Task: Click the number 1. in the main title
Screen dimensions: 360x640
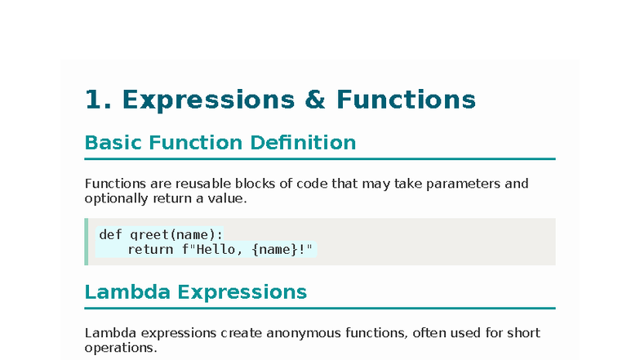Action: click(x=100, y=100)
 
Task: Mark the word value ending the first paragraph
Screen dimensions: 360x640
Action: click(x=228, y=198)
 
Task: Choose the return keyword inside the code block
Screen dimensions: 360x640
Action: click(x=150, y=249)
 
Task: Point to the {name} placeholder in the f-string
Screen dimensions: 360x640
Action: click(x=275, y=249)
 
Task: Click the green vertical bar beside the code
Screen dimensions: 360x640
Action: click(x=87, y=242)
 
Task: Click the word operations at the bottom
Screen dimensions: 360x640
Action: click(x=119, y=349)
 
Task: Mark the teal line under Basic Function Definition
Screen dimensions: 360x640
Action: click(x=320, y=158)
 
